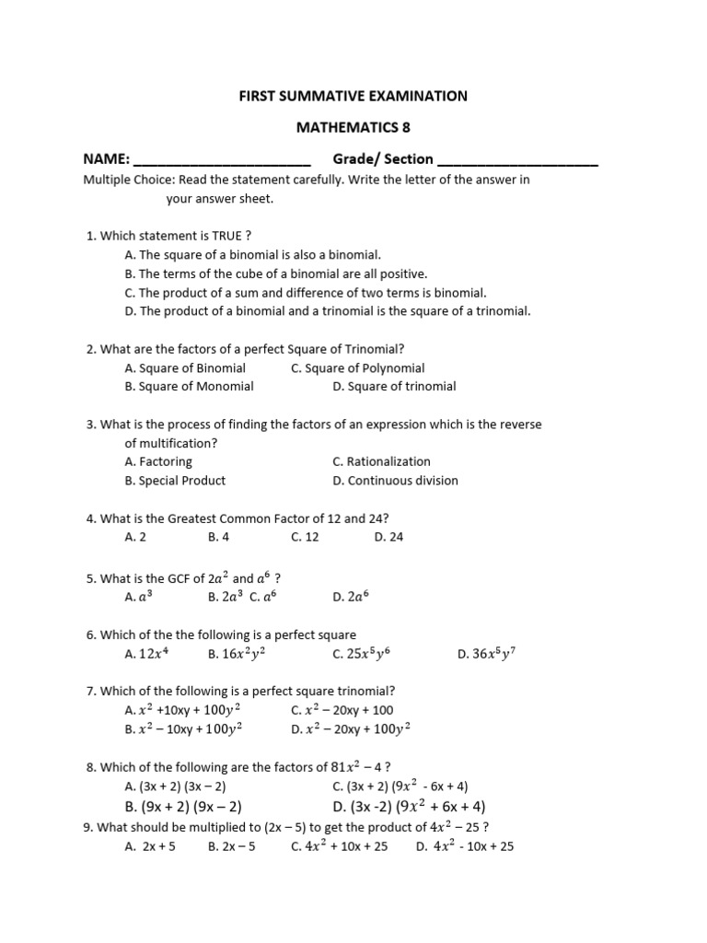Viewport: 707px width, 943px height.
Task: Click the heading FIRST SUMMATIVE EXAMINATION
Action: coord(353,96)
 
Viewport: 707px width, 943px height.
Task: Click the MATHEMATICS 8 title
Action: coord(353,127)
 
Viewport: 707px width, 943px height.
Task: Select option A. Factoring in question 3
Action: coord(158,461)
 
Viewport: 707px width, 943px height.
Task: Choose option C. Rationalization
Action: coord(381,461)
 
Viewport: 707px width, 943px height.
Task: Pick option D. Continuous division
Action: coord(395,480)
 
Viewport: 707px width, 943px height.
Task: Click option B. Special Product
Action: coord(175,480)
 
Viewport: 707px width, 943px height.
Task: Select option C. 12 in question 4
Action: coord(305,537)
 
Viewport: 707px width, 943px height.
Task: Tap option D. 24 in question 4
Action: coord(388,537)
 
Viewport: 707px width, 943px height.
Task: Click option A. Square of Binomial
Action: coord(185,367)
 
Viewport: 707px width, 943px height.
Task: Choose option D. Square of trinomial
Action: coord(394,386)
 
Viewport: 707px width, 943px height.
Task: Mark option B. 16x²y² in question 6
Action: coord(238,654)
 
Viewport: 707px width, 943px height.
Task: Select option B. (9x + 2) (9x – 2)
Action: coord(183,806)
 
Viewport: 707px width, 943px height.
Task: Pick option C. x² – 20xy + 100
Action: coord(342,710)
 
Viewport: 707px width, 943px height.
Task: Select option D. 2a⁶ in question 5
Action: coord(351,597)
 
